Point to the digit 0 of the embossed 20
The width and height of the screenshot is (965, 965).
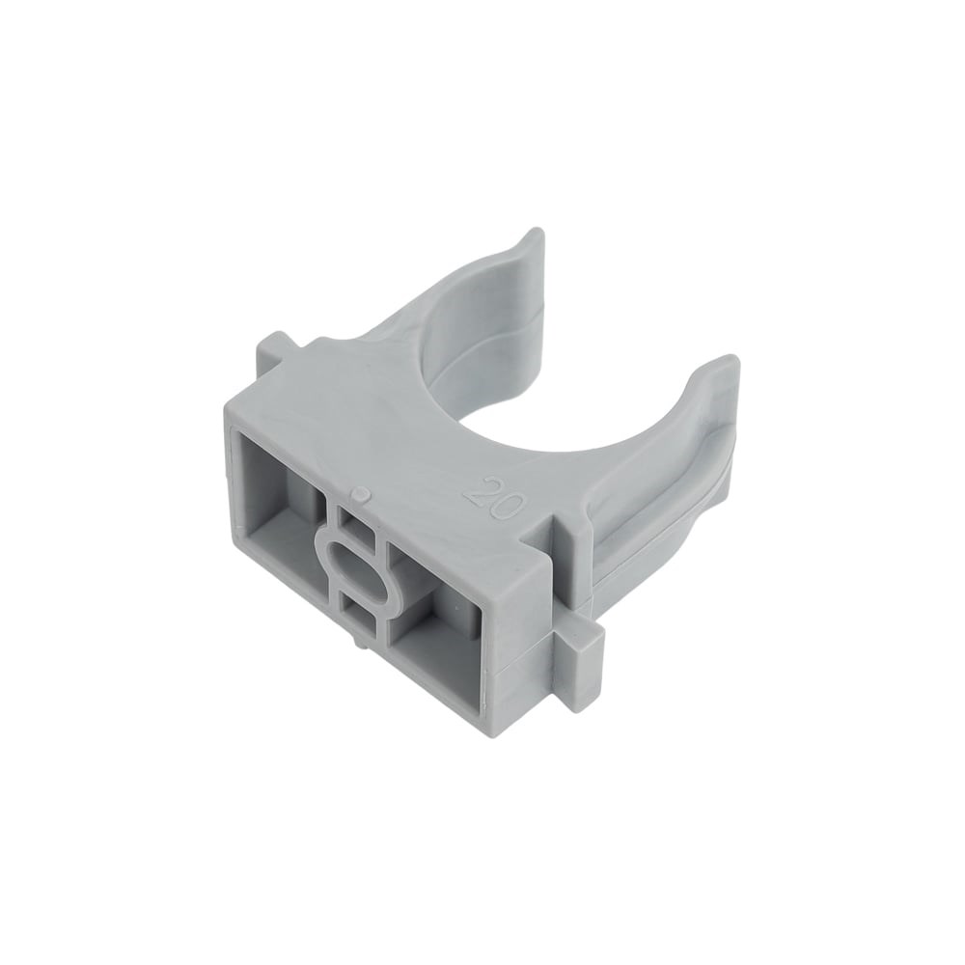(x=509, y=497)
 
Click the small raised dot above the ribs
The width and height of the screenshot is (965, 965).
(x=362, y=493)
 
